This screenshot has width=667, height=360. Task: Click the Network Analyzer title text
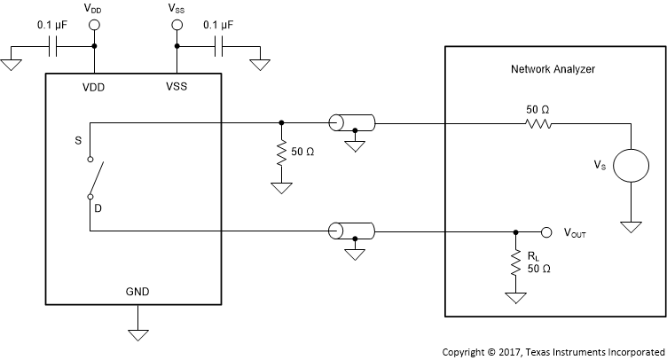coord(553,68)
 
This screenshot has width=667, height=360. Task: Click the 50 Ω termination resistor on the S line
coord(281,153)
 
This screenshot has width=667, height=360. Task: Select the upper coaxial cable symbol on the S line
coord(351,123)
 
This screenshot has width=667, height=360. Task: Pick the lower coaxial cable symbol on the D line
coord(351,231)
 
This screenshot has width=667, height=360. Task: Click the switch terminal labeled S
coord(90,160)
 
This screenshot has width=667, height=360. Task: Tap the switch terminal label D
coord(90,197)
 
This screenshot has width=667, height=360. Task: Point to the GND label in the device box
coord(137,290)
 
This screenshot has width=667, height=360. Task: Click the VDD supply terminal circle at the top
coord(93,27)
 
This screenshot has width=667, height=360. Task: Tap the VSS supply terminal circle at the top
coord(176,27)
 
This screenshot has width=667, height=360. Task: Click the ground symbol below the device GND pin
coord(137,334)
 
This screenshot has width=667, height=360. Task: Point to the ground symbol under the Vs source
coord(631,227)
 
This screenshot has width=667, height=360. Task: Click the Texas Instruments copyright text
coord(553,350)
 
